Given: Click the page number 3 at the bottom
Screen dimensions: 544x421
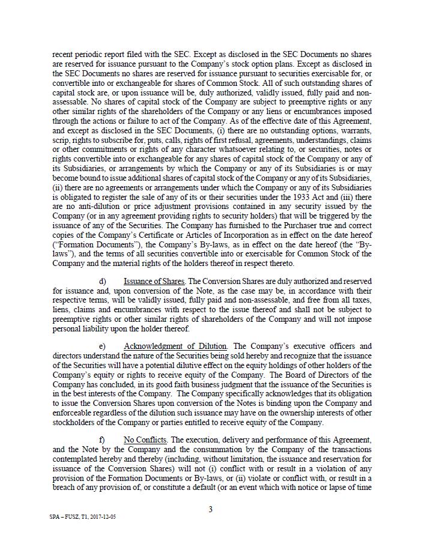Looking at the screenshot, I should [210, 509].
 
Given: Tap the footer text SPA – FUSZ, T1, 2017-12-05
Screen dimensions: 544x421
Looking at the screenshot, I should [83, 516].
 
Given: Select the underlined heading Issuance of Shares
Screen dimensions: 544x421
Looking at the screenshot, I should [155, 281].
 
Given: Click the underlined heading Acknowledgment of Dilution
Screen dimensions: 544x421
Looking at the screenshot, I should [175, 346].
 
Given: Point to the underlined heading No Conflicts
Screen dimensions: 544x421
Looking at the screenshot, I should [145, 440].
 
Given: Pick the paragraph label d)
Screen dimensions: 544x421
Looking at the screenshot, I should [102, 281].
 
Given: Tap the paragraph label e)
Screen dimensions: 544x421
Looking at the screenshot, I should [102, 346].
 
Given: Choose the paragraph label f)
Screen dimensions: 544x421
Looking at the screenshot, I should [101, 440].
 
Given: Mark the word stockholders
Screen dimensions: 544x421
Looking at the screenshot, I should [73, 422].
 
